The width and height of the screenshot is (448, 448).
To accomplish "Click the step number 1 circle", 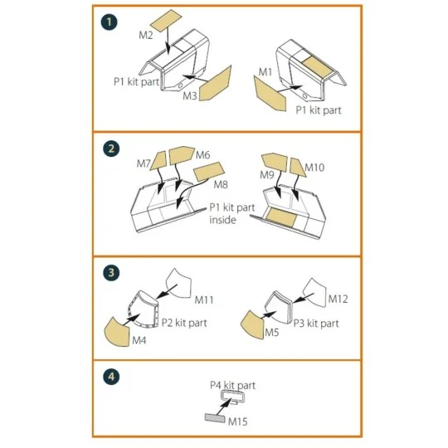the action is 110,22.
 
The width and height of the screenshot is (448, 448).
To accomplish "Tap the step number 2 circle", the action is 111,149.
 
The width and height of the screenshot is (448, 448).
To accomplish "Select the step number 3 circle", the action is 111,272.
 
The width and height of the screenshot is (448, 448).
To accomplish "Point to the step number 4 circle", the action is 111,377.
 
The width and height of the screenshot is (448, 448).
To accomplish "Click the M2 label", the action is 146,35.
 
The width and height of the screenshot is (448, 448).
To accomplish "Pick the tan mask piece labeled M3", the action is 216,84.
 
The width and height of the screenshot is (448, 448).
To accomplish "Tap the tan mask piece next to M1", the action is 270,94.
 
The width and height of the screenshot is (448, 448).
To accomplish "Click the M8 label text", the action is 221,185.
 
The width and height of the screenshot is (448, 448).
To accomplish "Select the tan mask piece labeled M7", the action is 158,161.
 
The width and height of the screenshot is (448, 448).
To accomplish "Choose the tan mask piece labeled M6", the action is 182,155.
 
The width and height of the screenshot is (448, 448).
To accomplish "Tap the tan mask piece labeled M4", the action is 117,332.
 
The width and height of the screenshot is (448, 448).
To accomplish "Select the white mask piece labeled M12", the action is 314,292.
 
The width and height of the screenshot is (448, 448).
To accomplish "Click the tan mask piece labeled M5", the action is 253,324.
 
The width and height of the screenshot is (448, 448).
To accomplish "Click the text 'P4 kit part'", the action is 232,385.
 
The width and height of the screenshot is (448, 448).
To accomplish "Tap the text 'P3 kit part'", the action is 316,324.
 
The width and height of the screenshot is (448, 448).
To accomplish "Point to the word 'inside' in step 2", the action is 222,220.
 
